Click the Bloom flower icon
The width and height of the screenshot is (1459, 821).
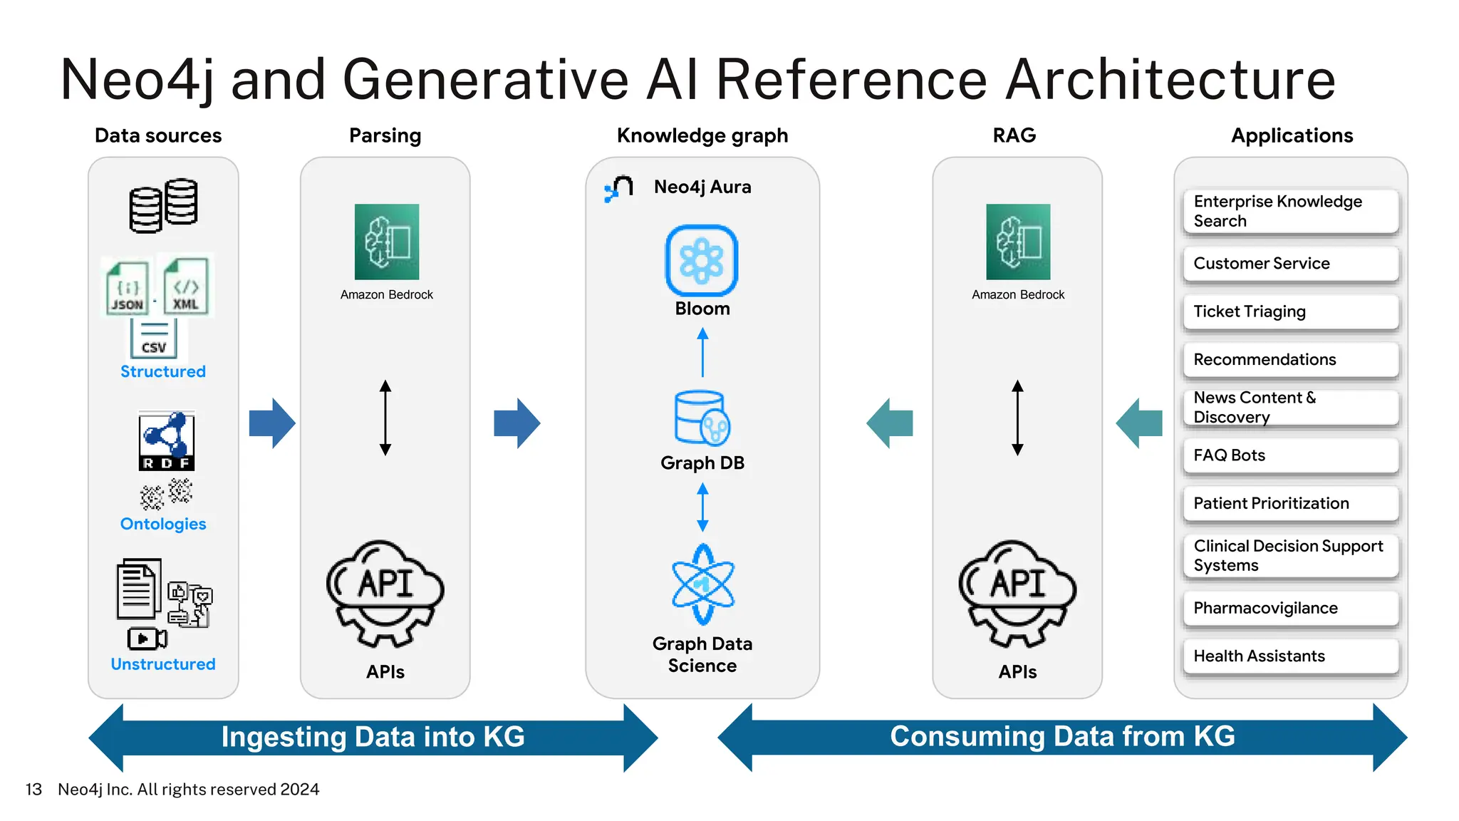tap(702, 261)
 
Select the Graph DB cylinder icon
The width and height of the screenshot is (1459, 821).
tap(701, 418)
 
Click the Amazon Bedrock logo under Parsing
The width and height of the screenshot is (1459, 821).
tap(387, 242)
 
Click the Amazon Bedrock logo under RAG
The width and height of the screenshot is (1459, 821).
tap(1018, 242)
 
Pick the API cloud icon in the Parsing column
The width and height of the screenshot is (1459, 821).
tap(385, 593)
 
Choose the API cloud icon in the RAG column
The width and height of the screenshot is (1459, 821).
tap(1017, 593)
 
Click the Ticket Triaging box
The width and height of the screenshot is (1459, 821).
tap(1290, 311)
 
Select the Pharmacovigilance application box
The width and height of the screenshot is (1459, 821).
tap(1290, 608)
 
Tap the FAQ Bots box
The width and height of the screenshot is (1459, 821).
tap(1290, 455)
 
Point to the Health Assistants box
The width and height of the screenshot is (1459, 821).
tap(1290, 656)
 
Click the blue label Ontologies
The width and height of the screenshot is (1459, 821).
tap(163, 524)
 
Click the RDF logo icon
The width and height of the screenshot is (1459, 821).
tap(167, 440)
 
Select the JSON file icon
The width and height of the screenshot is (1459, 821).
tap(128, 288)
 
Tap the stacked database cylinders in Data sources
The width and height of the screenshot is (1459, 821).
tap(163, 205)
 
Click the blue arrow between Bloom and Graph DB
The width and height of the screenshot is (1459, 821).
tap(702, 352)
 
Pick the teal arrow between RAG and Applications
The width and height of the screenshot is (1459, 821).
tap(1138, 423)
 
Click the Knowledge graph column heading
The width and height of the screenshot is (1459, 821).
tap(702, 135)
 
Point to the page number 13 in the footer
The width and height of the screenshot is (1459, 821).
tap(33, 790)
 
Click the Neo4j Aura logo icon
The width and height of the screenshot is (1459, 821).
tap(618, 189)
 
